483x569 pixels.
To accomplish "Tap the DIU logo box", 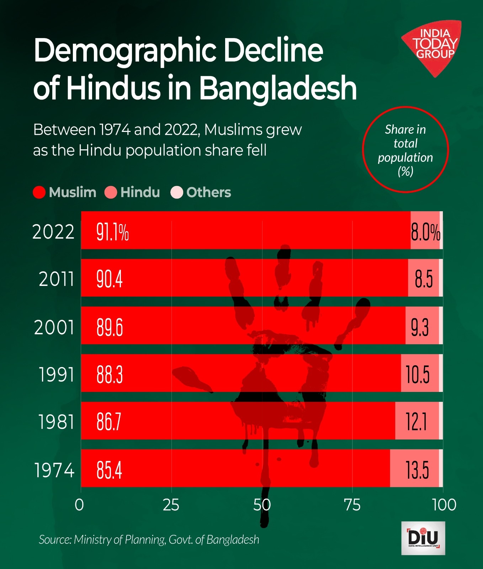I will click(x=423, y=538).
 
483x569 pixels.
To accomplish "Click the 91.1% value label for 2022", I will click(x=112, y=233).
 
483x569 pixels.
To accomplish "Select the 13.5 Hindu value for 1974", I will click(x=417, y=470).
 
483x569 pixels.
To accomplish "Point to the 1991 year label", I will click(x=56, y=374).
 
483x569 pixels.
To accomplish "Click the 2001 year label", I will click(x=54, y=327).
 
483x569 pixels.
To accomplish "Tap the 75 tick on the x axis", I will click(x=352, y=505).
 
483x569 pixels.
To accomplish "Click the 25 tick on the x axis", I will click(x=171, y=505).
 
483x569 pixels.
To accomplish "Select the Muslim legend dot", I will click(x=39, y=192).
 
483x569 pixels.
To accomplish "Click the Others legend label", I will click(x=208, y=192).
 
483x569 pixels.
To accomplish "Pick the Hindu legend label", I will click(x=140, y=192).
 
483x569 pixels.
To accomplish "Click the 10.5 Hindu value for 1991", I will click(x=418, y=374).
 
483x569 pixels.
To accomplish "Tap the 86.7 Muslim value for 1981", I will click(x=109, y=422).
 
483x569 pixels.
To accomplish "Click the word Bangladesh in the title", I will click(x=277, y=88).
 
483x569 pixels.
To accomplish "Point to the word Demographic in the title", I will click(x=124, y=50).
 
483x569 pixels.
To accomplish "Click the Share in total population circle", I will click(x=405, y=150).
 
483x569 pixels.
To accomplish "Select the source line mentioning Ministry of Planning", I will click(x=149, y=539).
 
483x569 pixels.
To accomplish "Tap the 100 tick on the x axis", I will click(x=444, y=505).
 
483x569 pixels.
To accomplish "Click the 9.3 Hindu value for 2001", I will click(x=420, y=327).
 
